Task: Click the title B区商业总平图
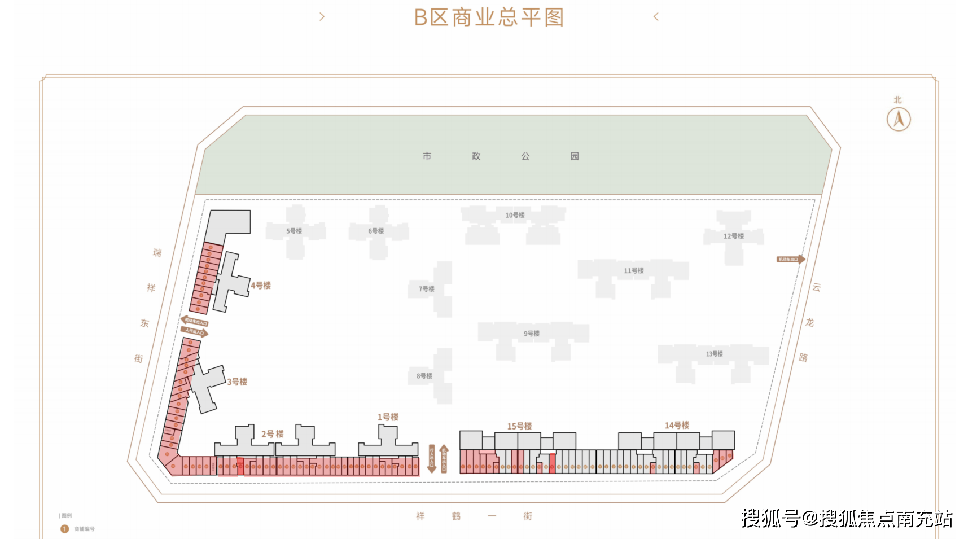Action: coord(489,17)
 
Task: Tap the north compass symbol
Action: coord(898,119)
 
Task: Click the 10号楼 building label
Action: coord(515,215)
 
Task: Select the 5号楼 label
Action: coord(294,231)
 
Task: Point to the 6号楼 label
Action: coord(376,231)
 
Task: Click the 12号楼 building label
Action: coord(733,236)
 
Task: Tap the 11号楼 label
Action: coord(633,271)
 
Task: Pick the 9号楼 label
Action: coord(531,334)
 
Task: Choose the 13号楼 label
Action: coord(714,354)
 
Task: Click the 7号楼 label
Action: coord(426,289)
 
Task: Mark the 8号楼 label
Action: coord(424,376)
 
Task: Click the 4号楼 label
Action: coord(261,286)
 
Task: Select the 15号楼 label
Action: coord(519,426)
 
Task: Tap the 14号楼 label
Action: coord(677,426)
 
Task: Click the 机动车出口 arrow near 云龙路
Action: coord(791,259)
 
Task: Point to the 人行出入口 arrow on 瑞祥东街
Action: coord(195,332)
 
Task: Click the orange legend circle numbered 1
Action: coord(64,529)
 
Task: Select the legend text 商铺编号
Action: coord(85,529)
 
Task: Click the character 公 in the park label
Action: coord(525,156)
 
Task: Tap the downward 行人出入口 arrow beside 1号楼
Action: coord(432,458)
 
